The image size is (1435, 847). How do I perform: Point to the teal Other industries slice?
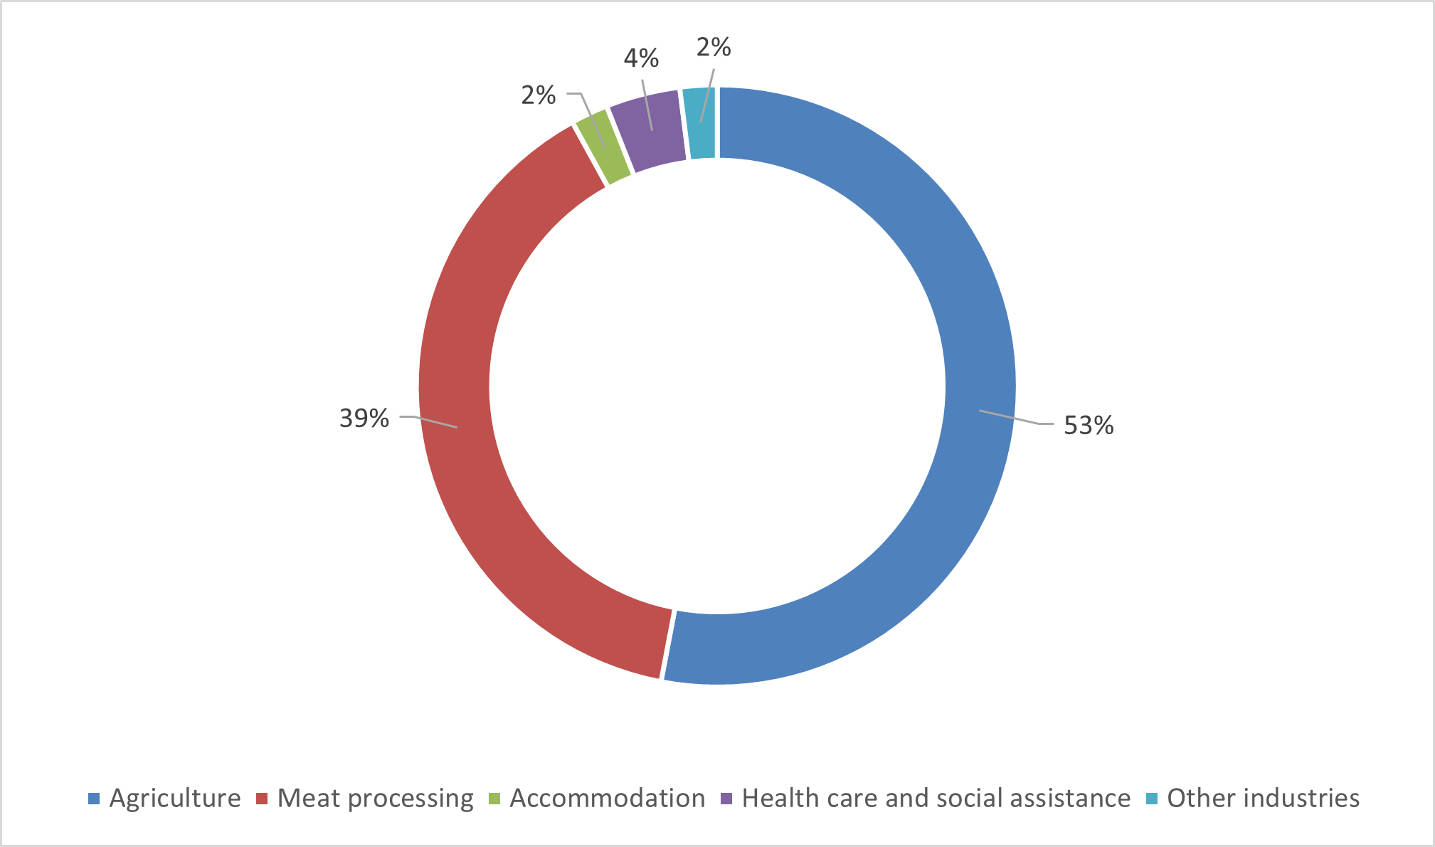point(700,122)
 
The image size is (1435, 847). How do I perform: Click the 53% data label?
point(1089,426)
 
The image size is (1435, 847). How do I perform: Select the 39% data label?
point(364,419)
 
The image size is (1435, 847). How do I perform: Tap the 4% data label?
point(641,58)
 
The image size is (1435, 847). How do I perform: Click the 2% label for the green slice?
point(539,95)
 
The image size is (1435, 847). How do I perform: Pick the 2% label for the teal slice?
point(714,48)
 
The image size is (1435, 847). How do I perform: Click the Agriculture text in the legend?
point(175,799)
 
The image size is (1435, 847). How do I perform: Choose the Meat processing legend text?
point(375,799)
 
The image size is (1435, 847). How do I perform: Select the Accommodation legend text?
point(607,799)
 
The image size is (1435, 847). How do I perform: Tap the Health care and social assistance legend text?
point(936,799)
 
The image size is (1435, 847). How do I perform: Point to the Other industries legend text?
point(1263,799)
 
